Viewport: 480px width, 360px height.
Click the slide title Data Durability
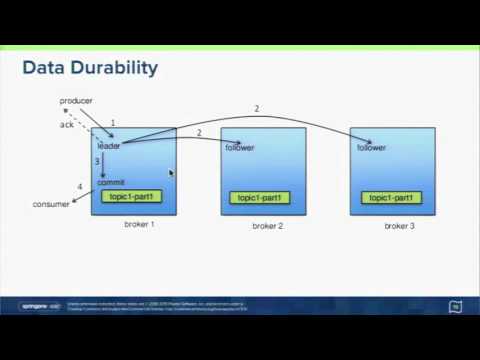pos(90,68)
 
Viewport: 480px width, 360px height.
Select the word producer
pos(77,102)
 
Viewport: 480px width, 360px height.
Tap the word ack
pos(67,125)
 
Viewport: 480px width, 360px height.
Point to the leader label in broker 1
pos(109,147)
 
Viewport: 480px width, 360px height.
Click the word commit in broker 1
pos(110,182)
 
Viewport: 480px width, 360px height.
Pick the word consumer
pos(51,204)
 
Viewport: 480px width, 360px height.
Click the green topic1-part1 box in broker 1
pos(131,196)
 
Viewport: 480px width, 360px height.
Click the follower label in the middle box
pos(240,148)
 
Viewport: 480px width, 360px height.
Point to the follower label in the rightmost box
pos(371,148)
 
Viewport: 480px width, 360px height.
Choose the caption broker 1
pos(139,224)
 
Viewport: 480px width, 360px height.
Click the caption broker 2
pos(268,227)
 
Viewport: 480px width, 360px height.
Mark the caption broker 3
pos(399,227)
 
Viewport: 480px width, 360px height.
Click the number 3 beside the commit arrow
pos(97,162)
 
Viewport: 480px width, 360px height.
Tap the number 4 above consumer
pos(80,187)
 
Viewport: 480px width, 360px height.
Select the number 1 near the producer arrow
pos(113,123)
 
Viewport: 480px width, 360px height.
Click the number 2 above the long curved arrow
pos(257,108)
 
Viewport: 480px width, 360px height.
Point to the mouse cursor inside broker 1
pos(172,173)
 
